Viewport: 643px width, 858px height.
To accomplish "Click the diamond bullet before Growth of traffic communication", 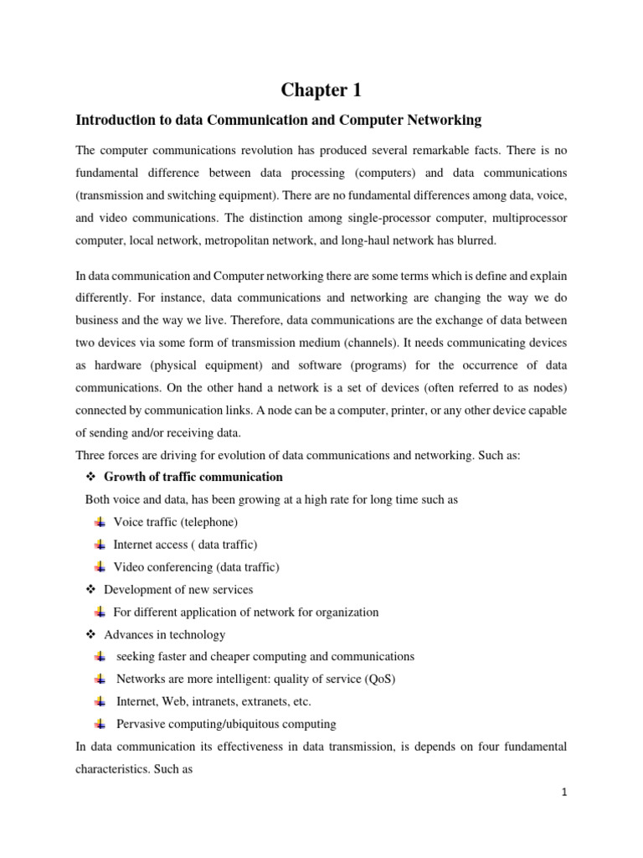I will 92,478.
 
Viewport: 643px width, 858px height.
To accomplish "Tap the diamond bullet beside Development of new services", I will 92,590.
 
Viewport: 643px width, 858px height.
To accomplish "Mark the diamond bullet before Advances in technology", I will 92,635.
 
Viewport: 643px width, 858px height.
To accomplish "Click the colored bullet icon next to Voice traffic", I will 100,522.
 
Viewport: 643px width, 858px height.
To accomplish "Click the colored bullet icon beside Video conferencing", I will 100,567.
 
